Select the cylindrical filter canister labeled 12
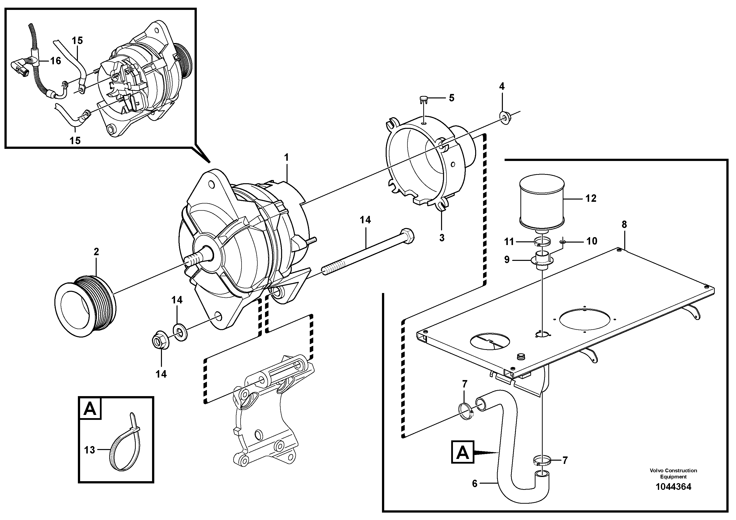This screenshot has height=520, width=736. tap(541, 201)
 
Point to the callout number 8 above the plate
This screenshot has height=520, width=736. tap(624, 225)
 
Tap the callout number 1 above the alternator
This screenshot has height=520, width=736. tap(287, 158)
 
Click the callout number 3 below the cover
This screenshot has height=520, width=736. tap(442, 238)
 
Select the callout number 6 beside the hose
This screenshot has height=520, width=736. tap(475, 483)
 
